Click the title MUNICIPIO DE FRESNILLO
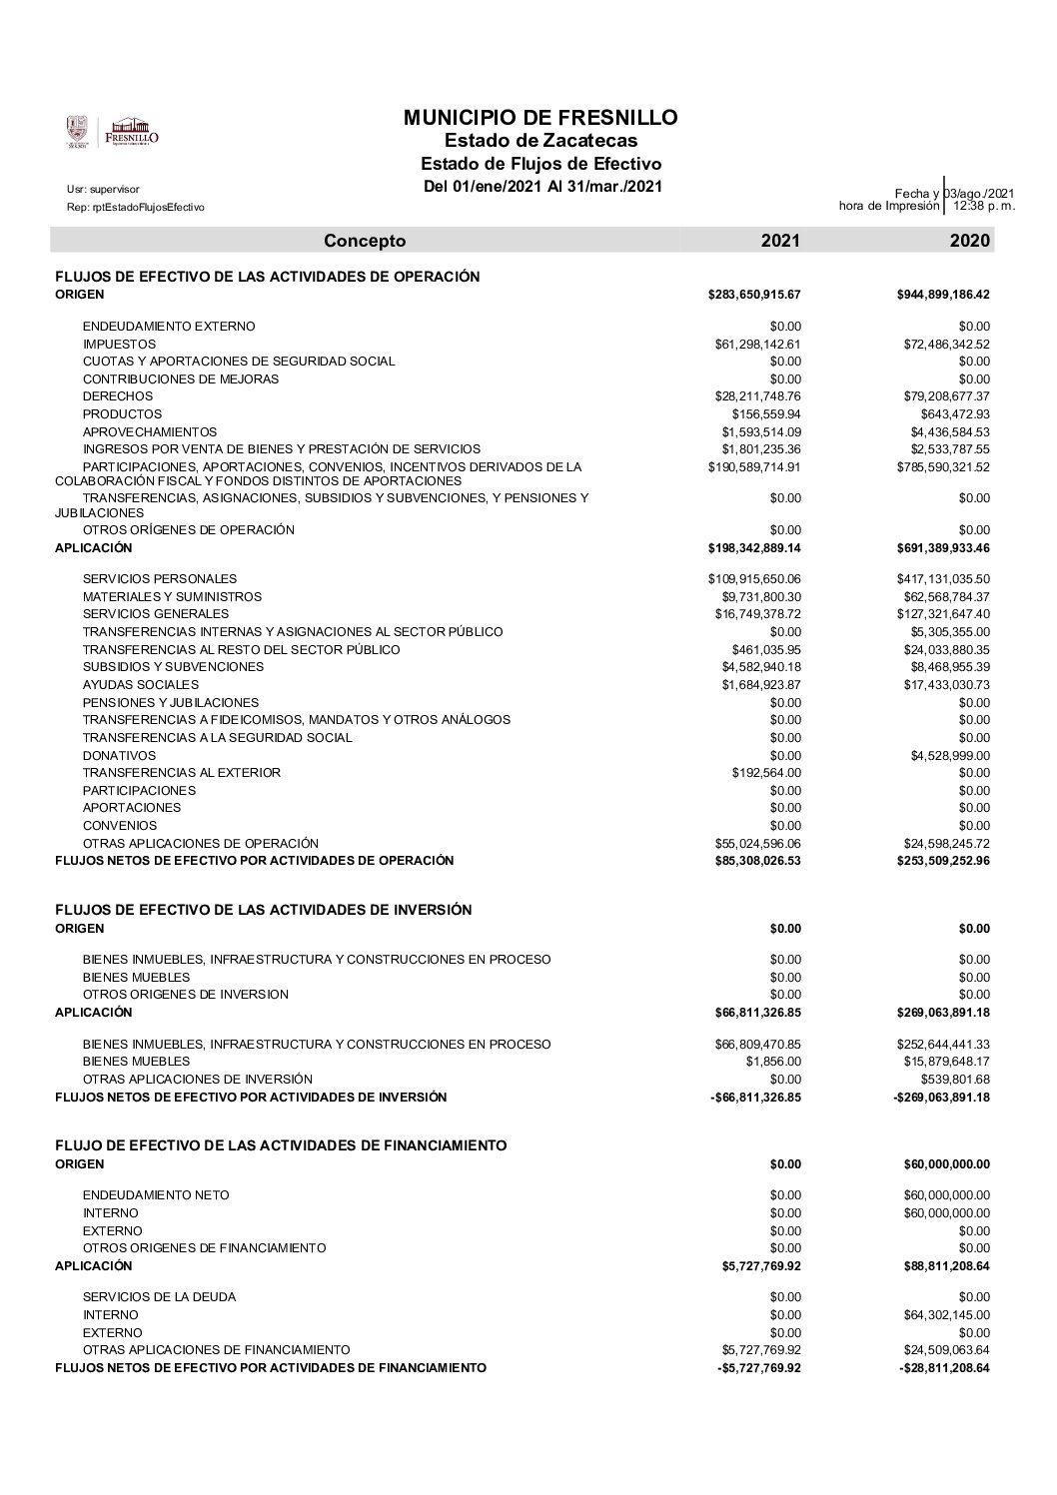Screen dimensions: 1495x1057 [540, 118]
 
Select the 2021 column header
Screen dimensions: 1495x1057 [780, 241]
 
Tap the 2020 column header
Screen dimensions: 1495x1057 [970, 241]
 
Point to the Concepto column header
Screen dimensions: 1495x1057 [365, 241]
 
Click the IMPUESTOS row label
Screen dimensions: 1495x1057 [119, 345]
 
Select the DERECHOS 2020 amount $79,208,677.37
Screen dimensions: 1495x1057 [943, 396]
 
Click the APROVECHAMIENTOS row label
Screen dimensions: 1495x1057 [150, 431]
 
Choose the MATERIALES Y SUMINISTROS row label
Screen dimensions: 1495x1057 [172, 597]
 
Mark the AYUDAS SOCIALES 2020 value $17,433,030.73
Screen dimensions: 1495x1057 [943, 685]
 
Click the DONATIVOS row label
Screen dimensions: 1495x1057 [120, 755]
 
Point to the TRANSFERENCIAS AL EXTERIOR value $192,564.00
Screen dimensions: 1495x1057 [766, 773]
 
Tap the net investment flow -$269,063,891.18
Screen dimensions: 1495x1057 [940, 1098]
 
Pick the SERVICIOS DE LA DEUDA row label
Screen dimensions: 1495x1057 [160, 1297]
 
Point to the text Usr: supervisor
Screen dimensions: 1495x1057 [103, 189]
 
